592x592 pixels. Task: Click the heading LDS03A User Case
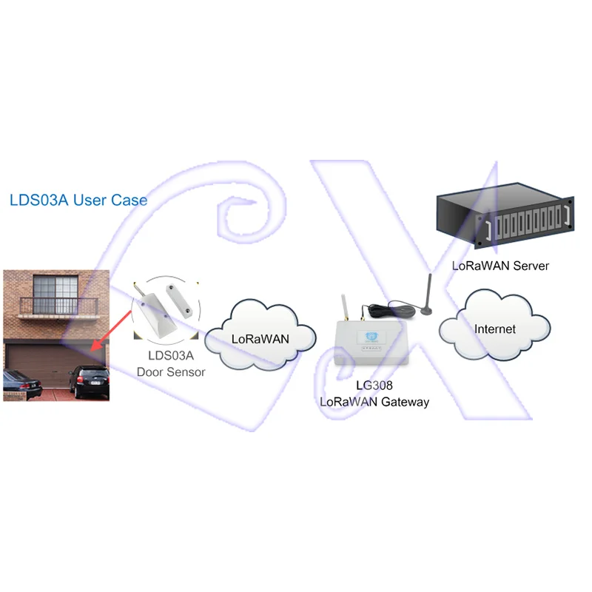pyautogui.click(x=78, y=200)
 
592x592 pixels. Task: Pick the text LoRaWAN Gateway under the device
pyautogui.click(x=374, y=402)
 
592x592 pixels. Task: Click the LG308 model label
pyautogui.click(x=374, y=387)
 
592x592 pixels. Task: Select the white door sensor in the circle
pyautogui.click(x=163, y=307)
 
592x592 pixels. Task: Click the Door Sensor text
pyautogui.click(x=171, y=371)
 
